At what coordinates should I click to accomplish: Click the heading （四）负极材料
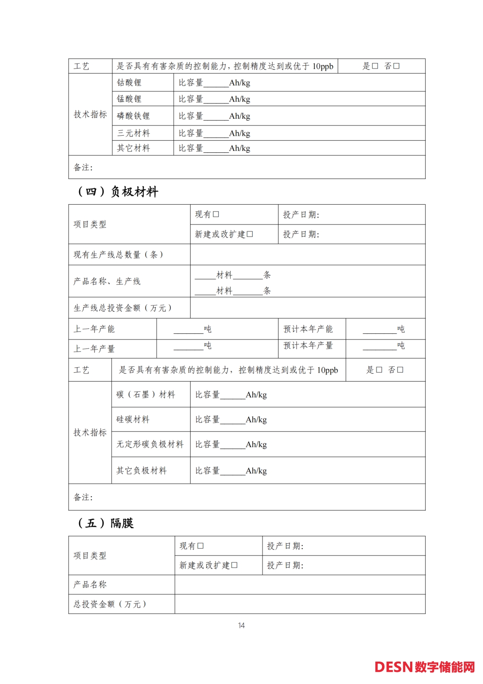point(118,192)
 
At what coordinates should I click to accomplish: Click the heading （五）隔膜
point(106,523)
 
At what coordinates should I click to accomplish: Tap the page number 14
point(241,625)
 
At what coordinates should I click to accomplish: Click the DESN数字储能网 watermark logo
point(424,667)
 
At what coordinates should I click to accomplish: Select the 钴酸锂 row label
point(129,83)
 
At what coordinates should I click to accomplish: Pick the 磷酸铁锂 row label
point(133,116)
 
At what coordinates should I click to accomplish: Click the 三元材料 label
point(133,133)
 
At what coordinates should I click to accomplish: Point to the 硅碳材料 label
point(133,420)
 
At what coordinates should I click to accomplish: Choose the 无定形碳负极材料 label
point(150,444)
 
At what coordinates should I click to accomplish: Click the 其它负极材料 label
point(141,471)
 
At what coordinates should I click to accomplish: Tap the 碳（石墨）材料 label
point(146,395)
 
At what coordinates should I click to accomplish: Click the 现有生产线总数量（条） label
point(119,255)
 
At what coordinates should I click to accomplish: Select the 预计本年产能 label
point(308,329)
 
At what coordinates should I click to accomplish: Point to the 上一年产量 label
point(94,349)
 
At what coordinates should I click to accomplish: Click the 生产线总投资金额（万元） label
point(123,308)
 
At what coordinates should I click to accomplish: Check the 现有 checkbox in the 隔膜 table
point(201,546)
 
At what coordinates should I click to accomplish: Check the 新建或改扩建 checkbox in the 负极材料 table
point(250,234)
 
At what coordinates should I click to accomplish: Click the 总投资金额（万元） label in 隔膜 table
point(110,604)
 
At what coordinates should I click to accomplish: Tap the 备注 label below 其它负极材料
point(83,497)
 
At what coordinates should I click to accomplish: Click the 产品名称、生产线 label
point(107,281)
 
